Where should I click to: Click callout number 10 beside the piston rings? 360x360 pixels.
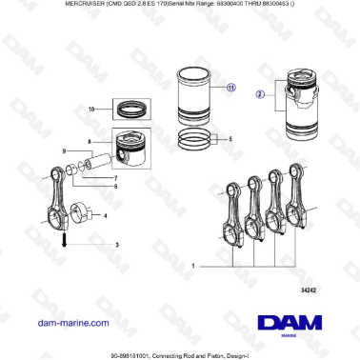pos(91,110)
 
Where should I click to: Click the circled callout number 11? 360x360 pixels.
pos(230,88)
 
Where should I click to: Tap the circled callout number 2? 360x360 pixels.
pos(259,95)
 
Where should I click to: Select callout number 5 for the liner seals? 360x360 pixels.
pos(230,139)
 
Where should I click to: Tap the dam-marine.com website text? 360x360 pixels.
pos(70,323)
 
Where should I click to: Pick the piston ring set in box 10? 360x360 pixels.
pos(127,109)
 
